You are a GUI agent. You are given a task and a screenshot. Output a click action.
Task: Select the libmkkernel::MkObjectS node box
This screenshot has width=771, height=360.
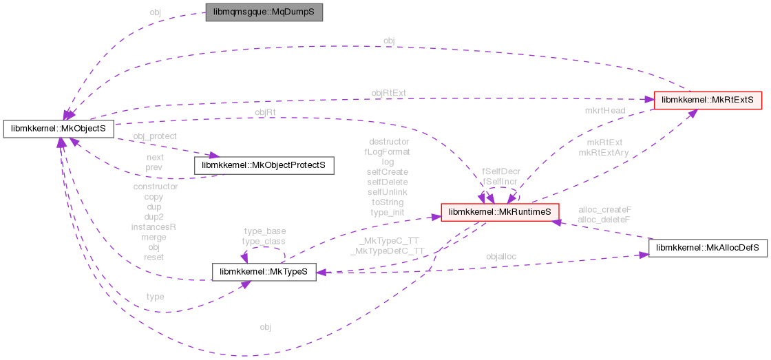pos(58,129)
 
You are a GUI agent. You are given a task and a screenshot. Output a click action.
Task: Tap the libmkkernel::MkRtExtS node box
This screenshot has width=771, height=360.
pos(708,100)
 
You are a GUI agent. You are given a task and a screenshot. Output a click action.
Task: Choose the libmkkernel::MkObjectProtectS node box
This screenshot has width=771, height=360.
pos(264,165)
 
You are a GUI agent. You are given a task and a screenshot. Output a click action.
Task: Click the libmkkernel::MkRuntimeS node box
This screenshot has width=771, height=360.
pos(500,212)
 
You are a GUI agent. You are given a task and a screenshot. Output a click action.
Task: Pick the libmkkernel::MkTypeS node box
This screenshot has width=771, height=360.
pos(264,272)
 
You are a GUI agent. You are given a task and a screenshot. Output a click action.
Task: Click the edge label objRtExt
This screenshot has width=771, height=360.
pos(389,93)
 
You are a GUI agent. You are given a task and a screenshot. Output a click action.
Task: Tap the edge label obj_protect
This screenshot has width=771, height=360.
pos(155,136)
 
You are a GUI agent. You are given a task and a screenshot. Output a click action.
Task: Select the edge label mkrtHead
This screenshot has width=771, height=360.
pos(604,110)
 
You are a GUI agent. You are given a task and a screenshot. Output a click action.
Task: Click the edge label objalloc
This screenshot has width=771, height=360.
pos(500,257)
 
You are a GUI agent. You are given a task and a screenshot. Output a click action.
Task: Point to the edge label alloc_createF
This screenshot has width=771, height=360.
pos(605,209)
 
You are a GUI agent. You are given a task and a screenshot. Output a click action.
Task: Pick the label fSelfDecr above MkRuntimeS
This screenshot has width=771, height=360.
pos(501,171)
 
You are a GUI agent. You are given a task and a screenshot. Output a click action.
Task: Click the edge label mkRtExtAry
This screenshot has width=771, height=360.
pos(603,153)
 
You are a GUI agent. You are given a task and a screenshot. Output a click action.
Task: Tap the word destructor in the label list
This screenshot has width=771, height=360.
pos(389,142)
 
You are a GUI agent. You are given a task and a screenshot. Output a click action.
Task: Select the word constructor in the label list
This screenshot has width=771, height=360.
pos(155,187)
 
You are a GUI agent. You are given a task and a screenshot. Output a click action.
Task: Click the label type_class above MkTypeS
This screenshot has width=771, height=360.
pos(263,241)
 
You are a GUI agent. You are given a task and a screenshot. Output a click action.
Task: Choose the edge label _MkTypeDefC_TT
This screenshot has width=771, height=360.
pos(387,251)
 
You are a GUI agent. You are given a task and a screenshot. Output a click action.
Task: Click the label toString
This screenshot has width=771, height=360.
pos(387,202)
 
